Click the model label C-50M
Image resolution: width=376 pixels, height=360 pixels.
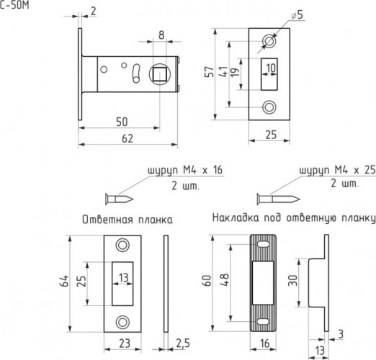click(x=14, y=5)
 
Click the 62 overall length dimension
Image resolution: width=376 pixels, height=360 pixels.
click(x=127, y=139)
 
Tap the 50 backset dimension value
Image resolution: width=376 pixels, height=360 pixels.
click(x=122, y=122)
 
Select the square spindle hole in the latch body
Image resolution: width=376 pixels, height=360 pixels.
click(x=159, y=73)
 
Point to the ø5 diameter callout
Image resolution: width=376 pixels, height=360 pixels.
click(x=297, y=15)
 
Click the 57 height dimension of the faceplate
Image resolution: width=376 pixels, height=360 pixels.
click(x=210, y=72)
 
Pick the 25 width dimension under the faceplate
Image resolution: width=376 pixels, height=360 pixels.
click(x=271, y=135)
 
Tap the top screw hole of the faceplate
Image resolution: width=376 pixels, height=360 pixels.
click(x=269, y=41)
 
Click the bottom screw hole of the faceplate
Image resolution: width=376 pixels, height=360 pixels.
click(x=269, y=107)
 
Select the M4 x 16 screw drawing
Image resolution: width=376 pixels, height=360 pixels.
click(x=119, y=199)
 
